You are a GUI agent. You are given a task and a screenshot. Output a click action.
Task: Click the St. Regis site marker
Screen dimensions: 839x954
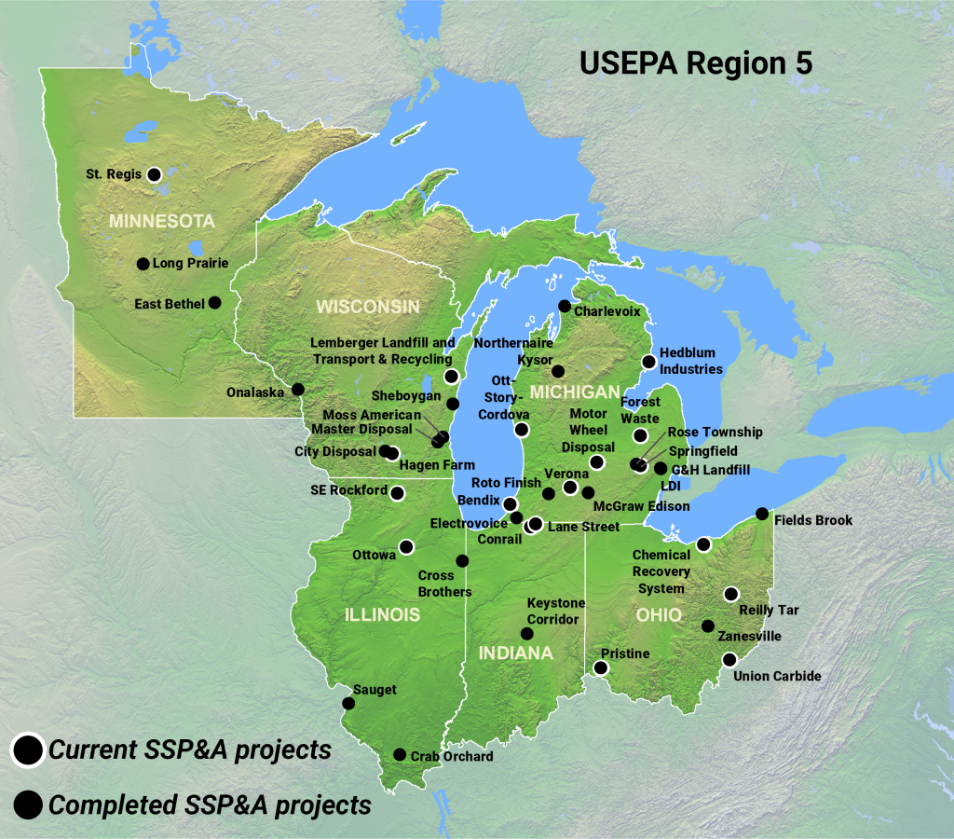pyautogui.click(x=155, y=173)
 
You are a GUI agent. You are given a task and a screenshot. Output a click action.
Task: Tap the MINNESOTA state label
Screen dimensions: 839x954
pyautogui.click(x=162, y=221)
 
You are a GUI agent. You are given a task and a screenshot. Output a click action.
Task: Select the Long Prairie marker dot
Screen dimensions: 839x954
pyautogui.click(x=143, y=264)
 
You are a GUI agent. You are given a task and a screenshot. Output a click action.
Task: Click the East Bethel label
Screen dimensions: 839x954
pyautogui.click(x=169, y=303)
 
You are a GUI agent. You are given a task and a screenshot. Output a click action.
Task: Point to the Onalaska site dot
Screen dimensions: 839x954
pyautogui.click(x=297, y=389)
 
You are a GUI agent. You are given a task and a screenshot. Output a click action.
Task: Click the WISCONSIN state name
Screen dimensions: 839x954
pyautogui.click(x=367, y=307)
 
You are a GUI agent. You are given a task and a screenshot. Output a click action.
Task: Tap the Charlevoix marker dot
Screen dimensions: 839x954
pyautogui.click(x=564, y=306)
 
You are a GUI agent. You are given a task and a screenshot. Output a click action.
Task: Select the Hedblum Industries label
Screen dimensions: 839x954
pyautogui.click(x=690, y=362)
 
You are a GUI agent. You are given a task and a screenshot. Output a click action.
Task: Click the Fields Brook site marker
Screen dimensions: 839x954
pyautogui.click(x=762, y=514)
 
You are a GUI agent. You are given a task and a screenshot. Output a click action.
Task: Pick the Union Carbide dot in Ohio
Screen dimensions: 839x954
pyautogui.click(x=729, y=659)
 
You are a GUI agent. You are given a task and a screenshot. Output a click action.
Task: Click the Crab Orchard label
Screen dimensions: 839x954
pyautogui.click(x=453, y=756)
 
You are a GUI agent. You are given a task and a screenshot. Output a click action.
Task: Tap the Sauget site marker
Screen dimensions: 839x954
pyautogui.click(x=348, y=703)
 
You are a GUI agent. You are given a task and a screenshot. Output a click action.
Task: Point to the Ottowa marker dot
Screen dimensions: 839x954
pyautogui.click(x=406, y=546)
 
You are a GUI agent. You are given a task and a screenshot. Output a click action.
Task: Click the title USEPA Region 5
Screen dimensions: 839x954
pyautogui.click(x=696, y=62)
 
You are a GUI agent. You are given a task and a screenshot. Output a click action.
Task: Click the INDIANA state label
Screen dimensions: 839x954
pyautogui.click(x=516, y=653)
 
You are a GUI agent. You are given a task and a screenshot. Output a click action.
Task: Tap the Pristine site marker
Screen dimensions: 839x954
pyautogui.click(x=601, y=667)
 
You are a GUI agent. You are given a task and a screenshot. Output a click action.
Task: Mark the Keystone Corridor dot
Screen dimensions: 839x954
pyautogui.click(x=526, y=633)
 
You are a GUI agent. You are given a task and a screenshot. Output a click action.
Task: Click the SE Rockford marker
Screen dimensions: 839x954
pyautogui.click(x=397, y=492)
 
